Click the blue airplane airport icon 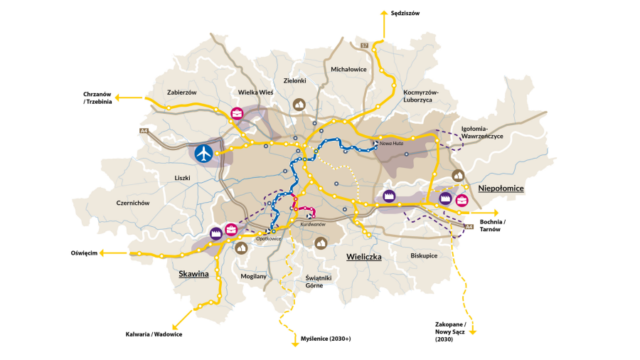coord(204,153)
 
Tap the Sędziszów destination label coord(406,13)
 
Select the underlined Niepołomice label coord(501,188)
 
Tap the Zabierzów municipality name coord(181,92)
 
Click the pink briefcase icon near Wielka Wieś coord(237,112)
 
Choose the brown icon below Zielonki coord(300,104)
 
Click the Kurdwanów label coord(313,224)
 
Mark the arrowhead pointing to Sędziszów coord(385,13)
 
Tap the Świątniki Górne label coord(314,281)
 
